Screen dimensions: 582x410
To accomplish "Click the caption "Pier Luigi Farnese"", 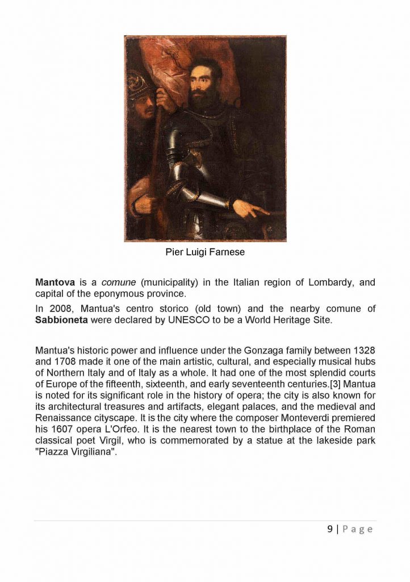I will coord(205,252).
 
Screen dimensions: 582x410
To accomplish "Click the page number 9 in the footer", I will coord(330,529).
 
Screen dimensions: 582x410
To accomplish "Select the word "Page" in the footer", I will coord(358,529).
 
